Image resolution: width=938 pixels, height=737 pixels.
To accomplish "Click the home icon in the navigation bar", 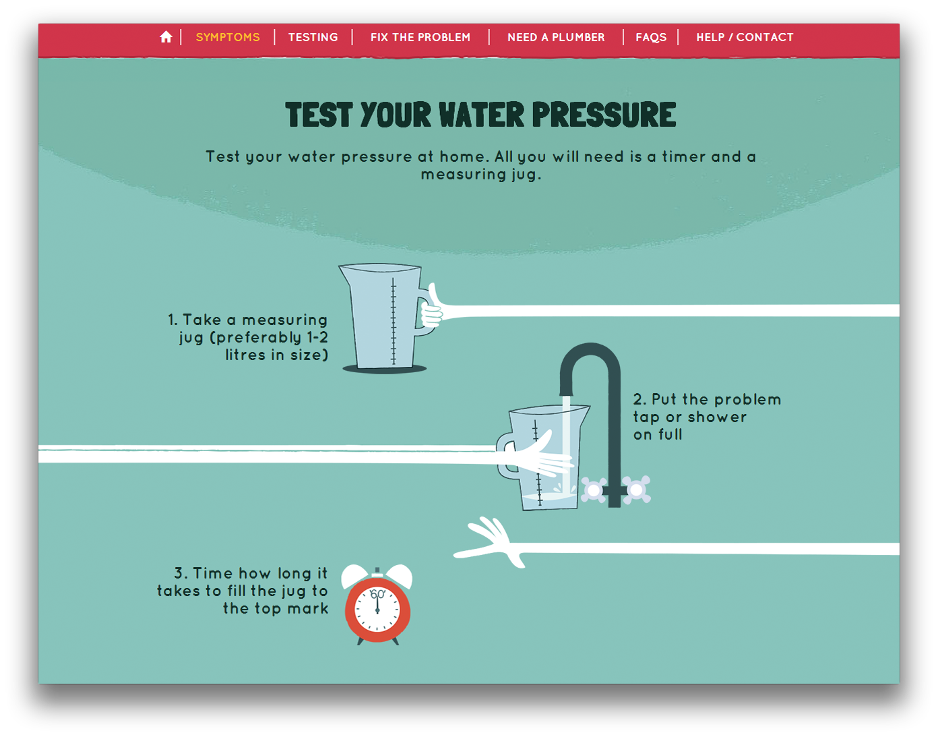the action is pos(166,37).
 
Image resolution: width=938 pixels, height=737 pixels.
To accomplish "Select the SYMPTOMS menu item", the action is pos(228,37).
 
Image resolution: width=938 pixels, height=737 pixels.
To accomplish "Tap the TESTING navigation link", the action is pos(313,37).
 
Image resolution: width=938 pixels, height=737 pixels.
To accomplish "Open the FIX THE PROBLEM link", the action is pos(420,37).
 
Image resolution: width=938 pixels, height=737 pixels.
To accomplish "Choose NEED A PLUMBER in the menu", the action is pos(556,37).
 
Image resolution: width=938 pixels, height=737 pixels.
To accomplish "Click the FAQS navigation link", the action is pos(651,38).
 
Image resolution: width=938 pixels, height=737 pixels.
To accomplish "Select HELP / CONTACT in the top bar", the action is pos(745,37).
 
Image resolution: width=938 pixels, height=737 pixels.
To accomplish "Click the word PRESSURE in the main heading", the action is pos(604,115).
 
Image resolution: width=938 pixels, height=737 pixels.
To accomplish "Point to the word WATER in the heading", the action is pos(482,115).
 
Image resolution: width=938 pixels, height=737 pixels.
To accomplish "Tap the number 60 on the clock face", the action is pos(377,594).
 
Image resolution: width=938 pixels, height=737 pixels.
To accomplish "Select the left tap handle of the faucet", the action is pos(594,490).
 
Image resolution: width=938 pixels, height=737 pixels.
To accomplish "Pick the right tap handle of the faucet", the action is pos(636,490).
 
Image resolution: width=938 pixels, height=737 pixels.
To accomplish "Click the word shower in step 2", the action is pos(717,417).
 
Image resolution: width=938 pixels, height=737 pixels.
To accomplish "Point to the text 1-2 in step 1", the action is pos(317,337).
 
